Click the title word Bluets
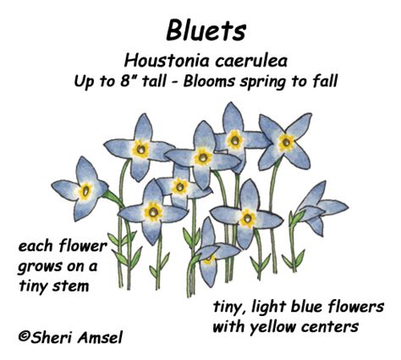point(206,30)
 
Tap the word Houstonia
point(168,61)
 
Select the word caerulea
point(251,61)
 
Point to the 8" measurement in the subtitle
point(127,81)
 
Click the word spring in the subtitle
point(262,82)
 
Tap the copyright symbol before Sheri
point(25,335)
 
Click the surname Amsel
point(100,337)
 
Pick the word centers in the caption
point(330,327)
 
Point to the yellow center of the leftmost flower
point(85,191)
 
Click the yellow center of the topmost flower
point(234,139)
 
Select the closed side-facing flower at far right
point(320,208)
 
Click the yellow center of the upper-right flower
point(286,142)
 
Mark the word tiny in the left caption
point(30,286)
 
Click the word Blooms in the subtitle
point(209,81)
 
